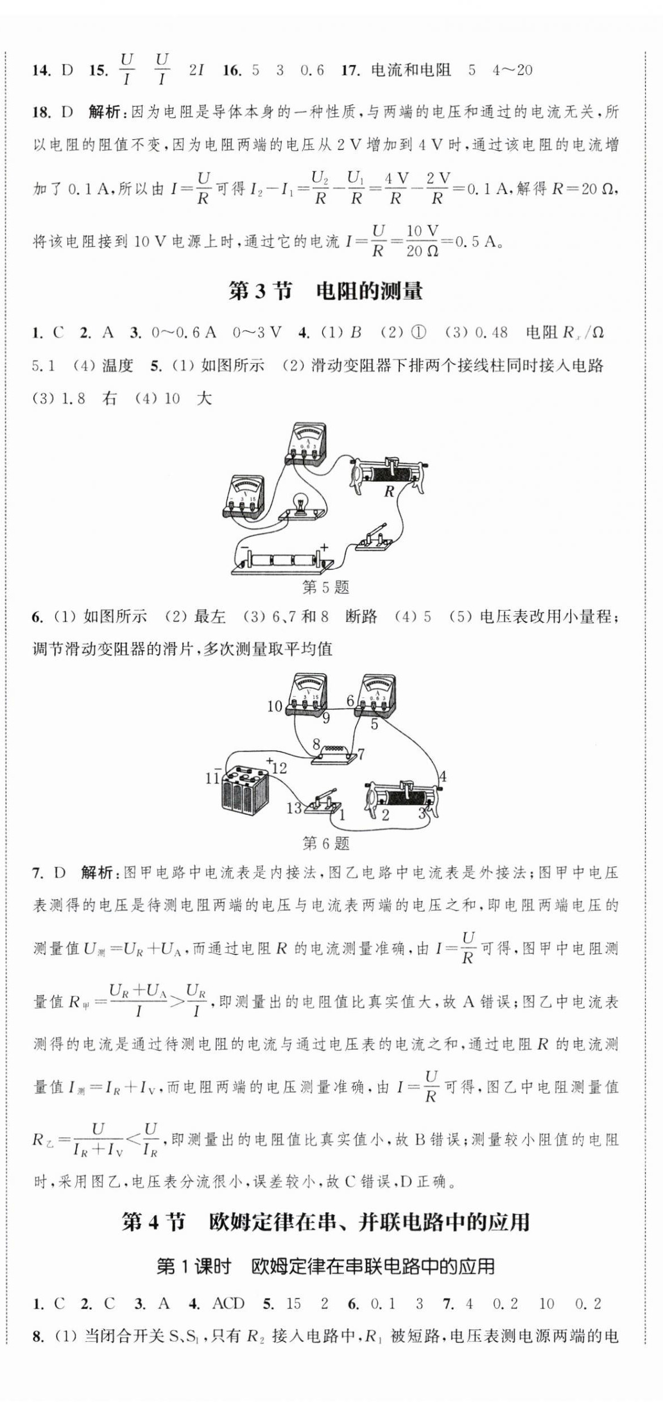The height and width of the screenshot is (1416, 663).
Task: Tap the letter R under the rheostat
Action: (x=389, y=491)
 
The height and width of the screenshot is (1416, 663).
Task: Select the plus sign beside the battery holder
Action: (x=324, y=547)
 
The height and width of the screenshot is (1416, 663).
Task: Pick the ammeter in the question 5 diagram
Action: (x=305, y=444)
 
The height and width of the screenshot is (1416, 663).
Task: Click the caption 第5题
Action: (x=325, y=587)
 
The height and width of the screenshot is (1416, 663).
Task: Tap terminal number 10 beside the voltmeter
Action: (x=274, y=706)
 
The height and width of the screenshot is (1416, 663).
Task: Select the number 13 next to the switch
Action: (x=294, y=808)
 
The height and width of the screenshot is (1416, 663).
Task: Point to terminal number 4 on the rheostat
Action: (x=442, y=776)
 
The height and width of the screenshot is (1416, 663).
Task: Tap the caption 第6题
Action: (x=325, y=844)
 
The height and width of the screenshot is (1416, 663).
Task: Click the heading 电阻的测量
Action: (x=369, y=291)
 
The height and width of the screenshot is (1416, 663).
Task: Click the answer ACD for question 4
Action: (x=228, y=1304)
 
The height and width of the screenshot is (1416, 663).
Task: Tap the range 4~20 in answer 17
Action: (x=512, y=70)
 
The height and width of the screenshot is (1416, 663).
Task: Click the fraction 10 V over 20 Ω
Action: (x=422, y=241)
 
